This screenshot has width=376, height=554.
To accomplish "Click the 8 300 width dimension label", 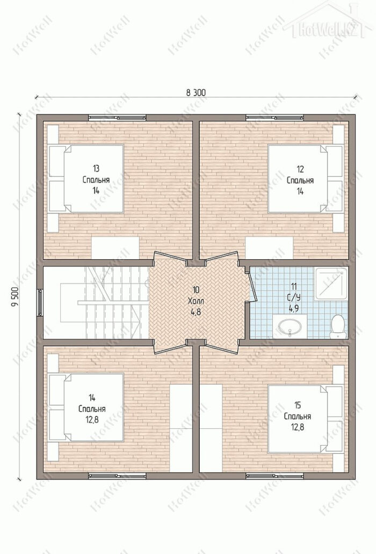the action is tap(196, 92).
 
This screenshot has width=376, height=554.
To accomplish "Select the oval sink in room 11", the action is tap(290, 326).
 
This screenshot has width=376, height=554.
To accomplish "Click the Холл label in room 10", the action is tap(196, 301).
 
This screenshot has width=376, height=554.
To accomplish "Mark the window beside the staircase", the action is tap(40, 302).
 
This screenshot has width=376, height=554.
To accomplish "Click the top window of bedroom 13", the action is tap(117, 118).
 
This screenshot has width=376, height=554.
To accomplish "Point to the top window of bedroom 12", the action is tap(274, 118).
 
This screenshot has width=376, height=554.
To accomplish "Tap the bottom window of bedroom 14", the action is tap(117, 476).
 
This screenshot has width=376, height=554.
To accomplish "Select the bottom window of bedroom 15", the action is tap(274, 476).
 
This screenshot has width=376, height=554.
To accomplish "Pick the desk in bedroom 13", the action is tap(115, 247).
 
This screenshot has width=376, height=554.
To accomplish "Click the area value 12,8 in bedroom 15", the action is tap(298, 427).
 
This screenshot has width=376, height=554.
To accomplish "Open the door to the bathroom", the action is tap(251, 285).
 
